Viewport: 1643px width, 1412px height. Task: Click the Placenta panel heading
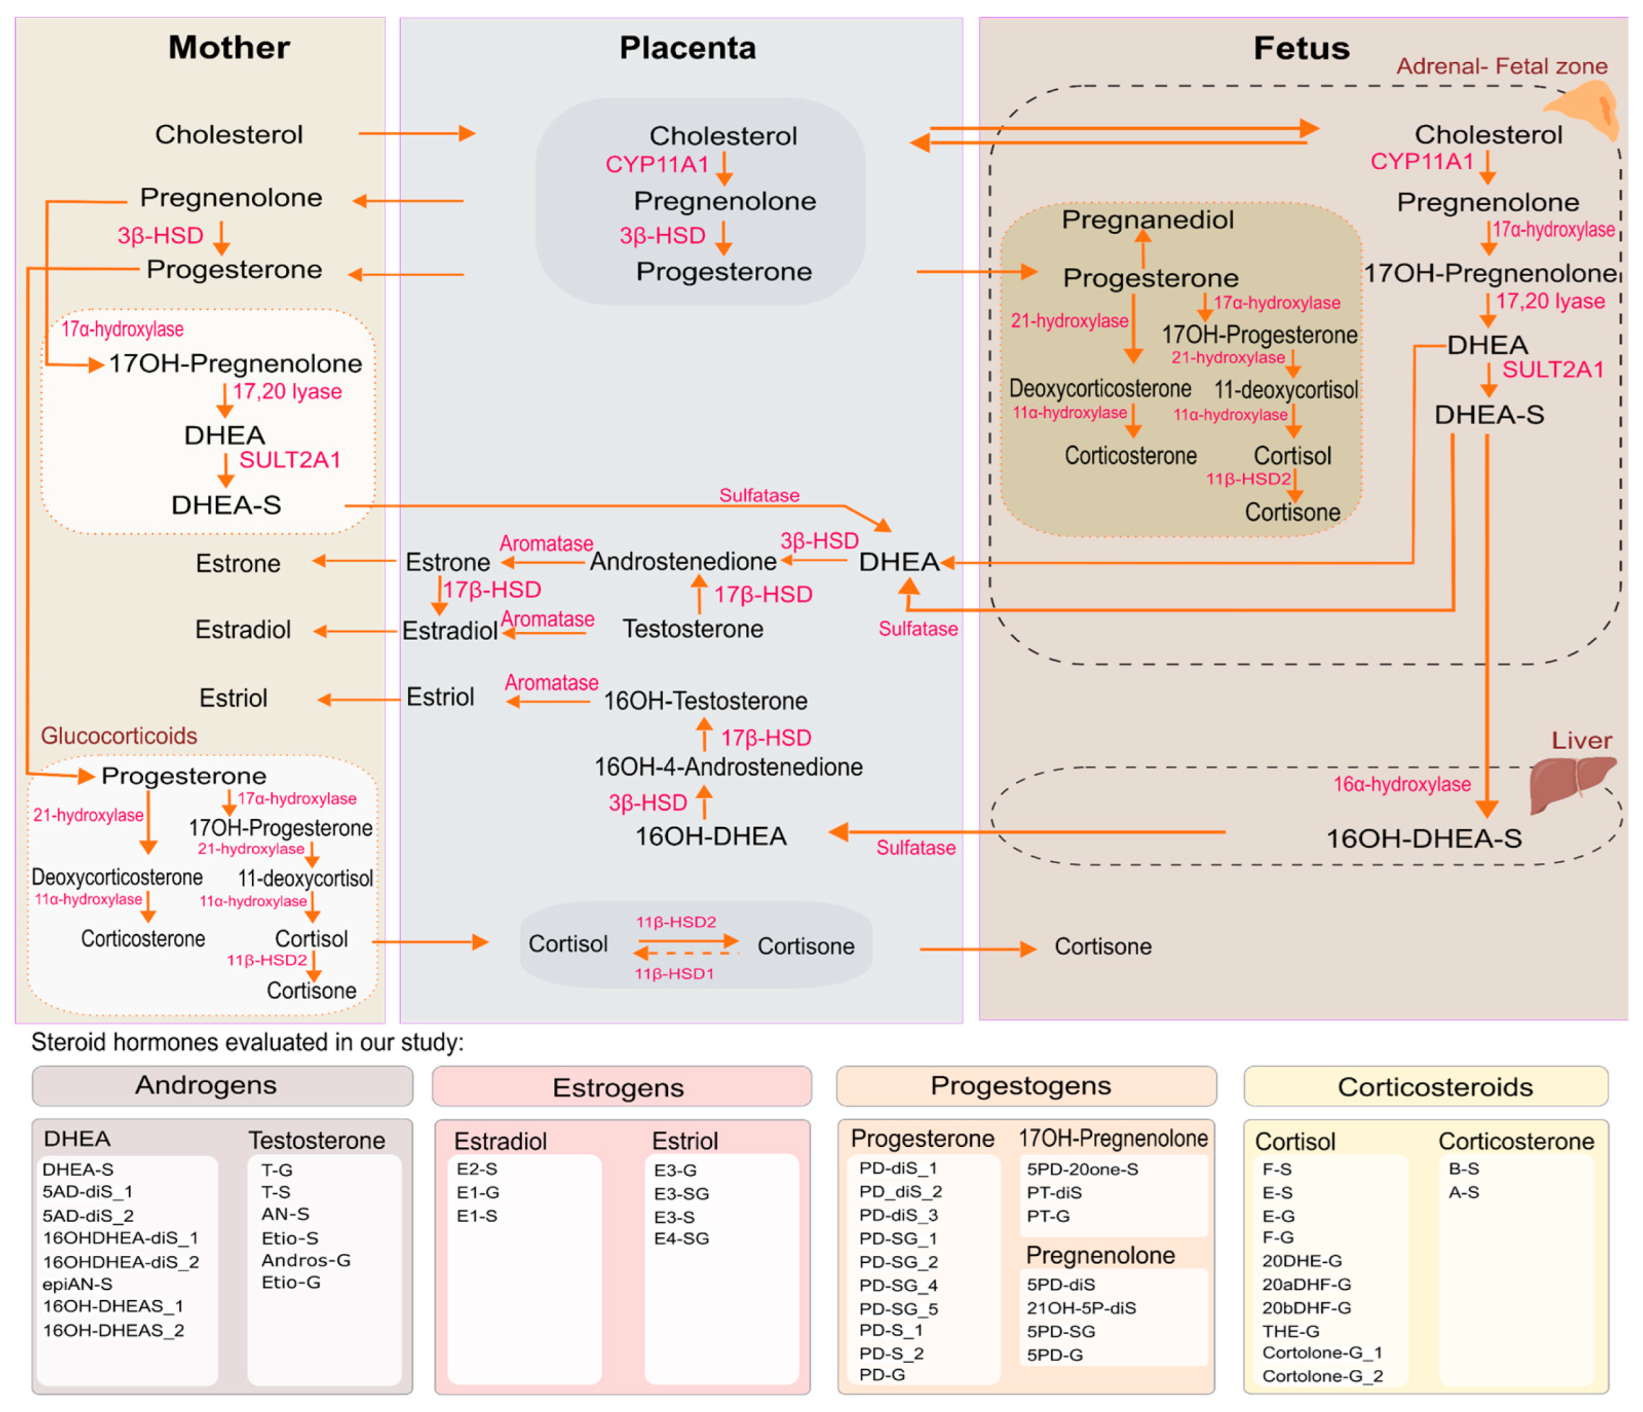tap(687, 48)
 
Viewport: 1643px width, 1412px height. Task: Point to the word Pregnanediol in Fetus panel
tap(1147, 220)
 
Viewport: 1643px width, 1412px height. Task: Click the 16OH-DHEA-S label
tap(1423, 838)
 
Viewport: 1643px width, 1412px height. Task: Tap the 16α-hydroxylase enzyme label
tap(1401, 784)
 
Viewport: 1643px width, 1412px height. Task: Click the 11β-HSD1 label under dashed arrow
tap(674, 974)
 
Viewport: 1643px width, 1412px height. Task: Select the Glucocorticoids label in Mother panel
tap(119, 736)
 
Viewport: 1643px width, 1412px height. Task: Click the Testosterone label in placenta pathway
tap(692, 629)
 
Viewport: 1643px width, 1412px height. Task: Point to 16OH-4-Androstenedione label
tap(728, 766)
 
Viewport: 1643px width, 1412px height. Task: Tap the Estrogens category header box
tap(621, 1087)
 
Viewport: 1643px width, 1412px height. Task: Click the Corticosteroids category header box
tap(1425, 1087)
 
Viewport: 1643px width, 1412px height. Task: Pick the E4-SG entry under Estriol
tap(681, 1239)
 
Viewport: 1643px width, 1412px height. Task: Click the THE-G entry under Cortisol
tap(1291, 1331)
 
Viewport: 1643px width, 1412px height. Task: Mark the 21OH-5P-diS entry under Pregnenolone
tap(1081, 1308)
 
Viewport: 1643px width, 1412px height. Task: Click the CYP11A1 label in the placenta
tap(657, 164)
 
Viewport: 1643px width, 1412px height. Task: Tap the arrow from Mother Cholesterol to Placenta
tap(416, 133)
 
